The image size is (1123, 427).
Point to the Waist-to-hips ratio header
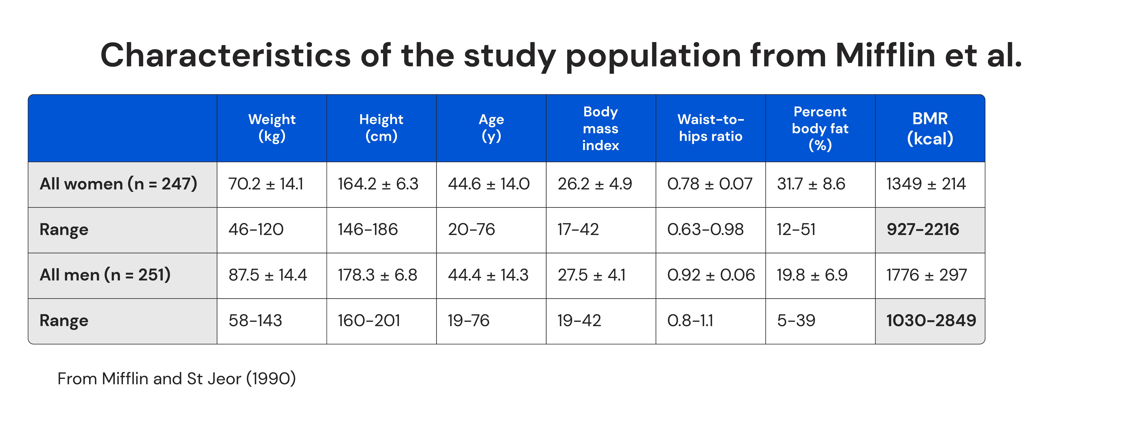pyautogui.click(x=711, y=128)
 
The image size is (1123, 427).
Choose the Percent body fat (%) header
pyautogui.click(x=820, y=128)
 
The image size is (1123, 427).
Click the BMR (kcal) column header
pyautogui.click(x=930, y=128)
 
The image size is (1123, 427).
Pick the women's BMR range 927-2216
pyautogui.click(x=923, y=229)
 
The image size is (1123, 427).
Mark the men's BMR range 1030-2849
pyautogui.click(x=931, y=321)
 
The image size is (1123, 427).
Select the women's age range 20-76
pyautogui.click(x=471, y=229)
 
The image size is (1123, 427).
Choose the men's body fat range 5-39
pyautogui.click(x=796, y=321)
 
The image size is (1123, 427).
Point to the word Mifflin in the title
pyautogui.click(x=885, y=56)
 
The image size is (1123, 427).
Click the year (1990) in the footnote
pyautogui.click(x=271, y=379)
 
